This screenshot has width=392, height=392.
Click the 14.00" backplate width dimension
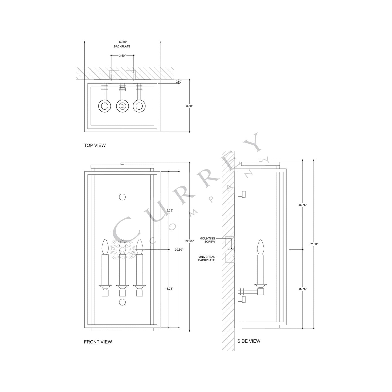click(122, 42)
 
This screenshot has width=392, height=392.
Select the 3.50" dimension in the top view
click(122, 56)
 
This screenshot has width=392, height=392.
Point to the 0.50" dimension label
click(179, 82)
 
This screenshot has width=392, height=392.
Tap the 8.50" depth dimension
click(189, 106)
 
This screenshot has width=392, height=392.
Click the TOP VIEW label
click(95, 145)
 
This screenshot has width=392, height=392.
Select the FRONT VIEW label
click(98, 342)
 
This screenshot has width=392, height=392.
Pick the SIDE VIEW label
click(249, 341)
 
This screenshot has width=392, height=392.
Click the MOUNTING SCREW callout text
click(207, 240)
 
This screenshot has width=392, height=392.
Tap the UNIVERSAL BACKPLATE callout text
click(207, 259)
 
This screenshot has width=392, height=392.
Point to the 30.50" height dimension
click(179, 250)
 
